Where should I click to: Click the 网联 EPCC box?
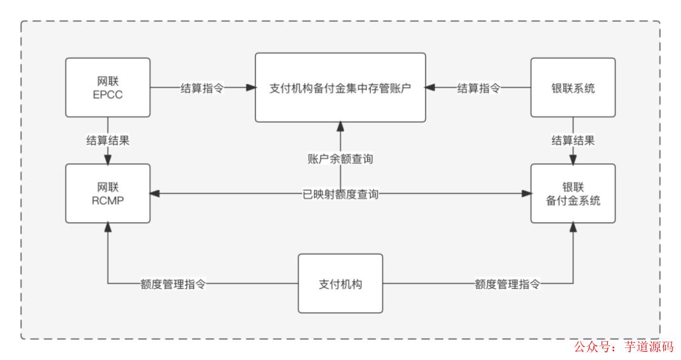(108, 88)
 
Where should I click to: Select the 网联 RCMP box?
(108, 193)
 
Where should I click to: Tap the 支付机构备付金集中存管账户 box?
(340, 88)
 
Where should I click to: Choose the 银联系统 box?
(573, 88)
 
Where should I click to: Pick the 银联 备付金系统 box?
(573, 193)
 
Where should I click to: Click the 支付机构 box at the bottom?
(340, 284)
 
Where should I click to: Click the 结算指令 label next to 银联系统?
(479, 88)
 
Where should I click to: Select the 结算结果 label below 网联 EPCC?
(108, 140)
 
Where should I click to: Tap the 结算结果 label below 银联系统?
(573, 140)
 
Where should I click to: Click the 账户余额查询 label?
(340, 159)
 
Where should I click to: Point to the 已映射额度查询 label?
(340, 194)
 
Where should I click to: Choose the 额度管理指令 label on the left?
(173, 284)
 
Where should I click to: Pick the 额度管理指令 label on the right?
(507, 284)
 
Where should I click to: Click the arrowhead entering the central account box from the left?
(250, 88)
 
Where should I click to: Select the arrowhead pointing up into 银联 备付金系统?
(573, 228)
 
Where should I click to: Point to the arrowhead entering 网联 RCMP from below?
(108, 228)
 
